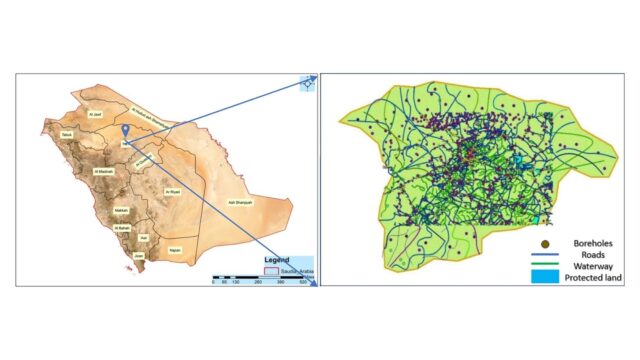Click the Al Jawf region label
96,115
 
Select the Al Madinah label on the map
103,172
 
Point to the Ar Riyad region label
171,190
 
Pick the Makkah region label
119,211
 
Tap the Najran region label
174,245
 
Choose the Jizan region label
138,256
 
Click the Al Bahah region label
123,228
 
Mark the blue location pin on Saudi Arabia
124,131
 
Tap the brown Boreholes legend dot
545,243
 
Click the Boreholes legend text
587,243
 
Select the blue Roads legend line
545,254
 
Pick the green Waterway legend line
545,265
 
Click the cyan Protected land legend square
545,277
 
